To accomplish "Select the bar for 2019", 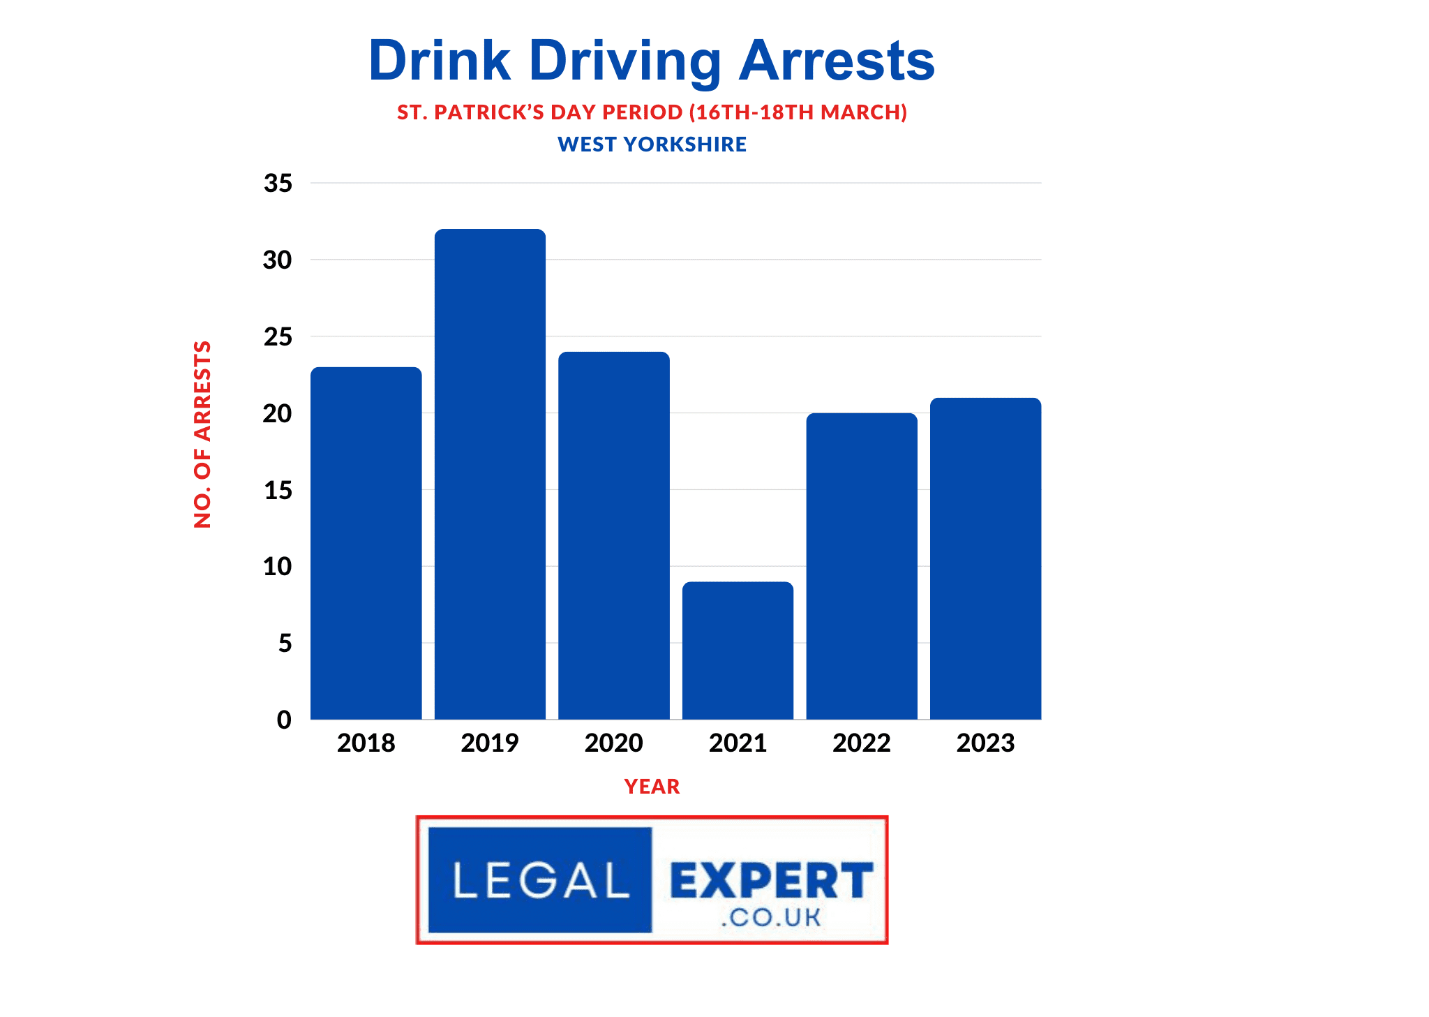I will (490, 474).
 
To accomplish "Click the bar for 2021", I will (738, 650).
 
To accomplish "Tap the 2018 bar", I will (366, 543).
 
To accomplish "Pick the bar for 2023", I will (985, 558).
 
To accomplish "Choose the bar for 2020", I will (613, 535).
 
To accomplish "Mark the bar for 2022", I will (862, 566).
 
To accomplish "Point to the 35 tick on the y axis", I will (278, 184).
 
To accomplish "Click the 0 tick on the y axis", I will (284, 720).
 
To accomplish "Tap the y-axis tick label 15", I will (278, 491).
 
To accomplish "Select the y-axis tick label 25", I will (278, 337).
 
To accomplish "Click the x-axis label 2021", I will (738, 743).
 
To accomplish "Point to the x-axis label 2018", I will (366, 743).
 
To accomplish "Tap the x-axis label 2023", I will (985, 743).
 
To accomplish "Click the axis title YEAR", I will (652, 787).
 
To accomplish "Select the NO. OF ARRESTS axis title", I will (202, 434).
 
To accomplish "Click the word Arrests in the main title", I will (837, 61).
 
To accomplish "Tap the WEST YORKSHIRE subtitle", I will (652, 144).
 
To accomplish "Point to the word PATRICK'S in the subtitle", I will (488, 112).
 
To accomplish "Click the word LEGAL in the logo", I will (541, 880).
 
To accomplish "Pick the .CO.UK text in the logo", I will (771, 917).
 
